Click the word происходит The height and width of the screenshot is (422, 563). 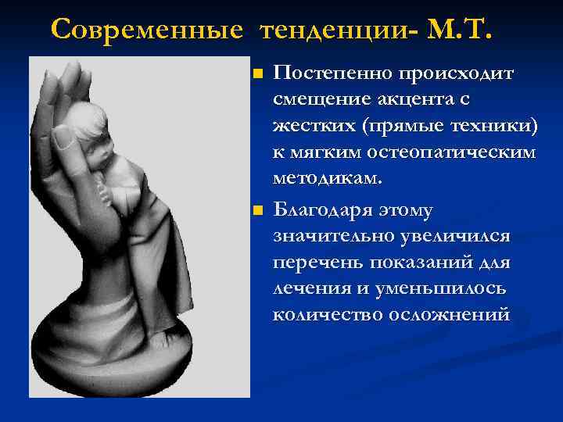point(457,76)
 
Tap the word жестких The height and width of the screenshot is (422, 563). point(308,127)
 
